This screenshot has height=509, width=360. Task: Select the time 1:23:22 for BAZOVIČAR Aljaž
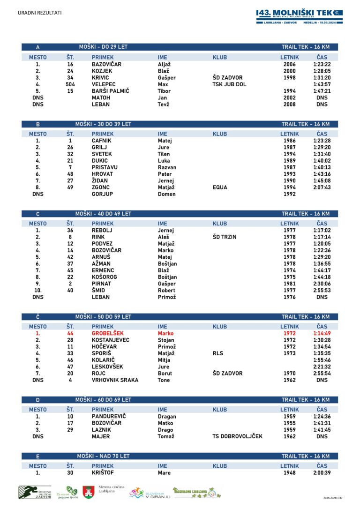click(322, 64)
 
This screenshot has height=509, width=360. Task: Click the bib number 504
click(70, 84)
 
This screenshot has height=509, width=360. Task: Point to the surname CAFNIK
click(101, 141)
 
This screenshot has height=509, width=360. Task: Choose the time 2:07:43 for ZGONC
click(322, 187)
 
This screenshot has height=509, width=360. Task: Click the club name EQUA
click(220, 187)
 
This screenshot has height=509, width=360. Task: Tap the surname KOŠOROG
click(105, 277)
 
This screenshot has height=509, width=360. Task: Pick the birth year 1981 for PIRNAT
click(290, 284)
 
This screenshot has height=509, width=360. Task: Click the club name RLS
click(218, 353)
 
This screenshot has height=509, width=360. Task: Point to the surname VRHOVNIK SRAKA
click(115, 380)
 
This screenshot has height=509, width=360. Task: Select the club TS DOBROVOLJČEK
click(237, 436)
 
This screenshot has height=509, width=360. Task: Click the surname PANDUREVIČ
click(109, 416)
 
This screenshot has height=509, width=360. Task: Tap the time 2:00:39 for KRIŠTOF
click(322, 473)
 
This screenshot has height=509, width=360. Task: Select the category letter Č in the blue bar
click(38, 317)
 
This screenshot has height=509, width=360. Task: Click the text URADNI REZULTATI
click(39, 13)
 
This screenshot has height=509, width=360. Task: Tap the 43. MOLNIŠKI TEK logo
click(299, 16)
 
